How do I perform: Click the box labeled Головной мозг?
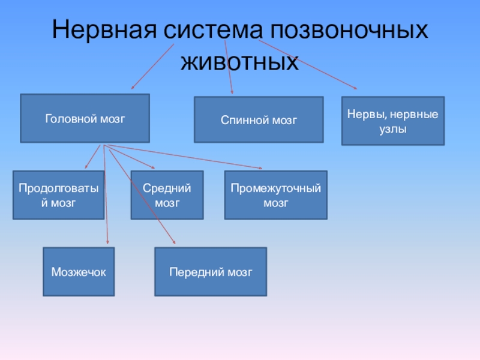click(85, 118)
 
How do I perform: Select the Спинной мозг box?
click(259, 119)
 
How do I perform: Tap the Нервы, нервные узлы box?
click(393, 121)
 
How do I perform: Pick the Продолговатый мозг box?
click(58, 195)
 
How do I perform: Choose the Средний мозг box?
click(167, 195)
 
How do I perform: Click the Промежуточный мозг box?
click(276, 195)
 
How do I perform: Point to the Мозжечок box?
click(79, 272)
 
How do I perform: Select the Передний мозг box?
click(211, 272)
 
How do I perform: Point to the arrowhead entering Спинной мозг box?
click(232, 93)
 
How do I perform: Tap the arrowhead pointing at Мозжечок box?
click(108, 244)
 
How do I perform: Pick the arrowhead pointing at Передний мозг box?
click(173, 242)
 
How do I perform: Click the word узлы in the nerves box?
click(393, 128)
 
